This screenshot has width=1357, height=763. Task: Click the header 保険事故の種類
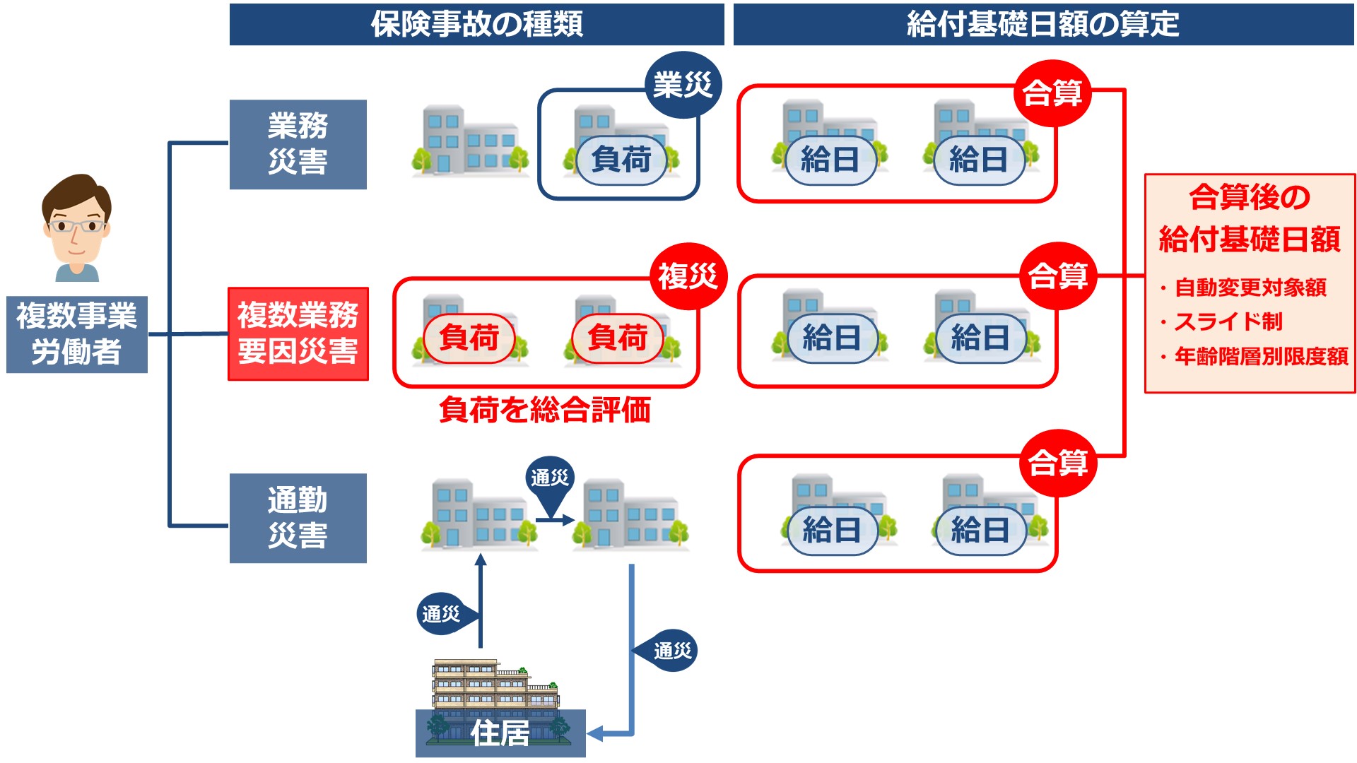pyautogui.click(x=477, y=25)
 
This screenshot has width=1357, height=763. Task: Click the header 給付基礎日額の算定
pyautogui.click(x=1043, y=25)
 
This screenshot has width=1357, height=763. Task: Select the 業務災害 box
pyautogui.click(x=298, y=144)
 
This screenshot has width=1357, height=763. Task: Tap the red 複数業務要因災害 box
pyautogui.click(x=298, y=333)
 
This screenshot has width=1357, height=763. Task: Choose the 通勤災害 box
pyautogui.click(x=298, y=518)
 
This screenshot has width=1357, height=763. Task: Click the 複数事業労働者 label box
pyautogui.click(x=76, y=334)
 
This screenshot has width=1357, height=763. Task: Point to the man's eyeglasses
pyautogui.click(x=76, y=227)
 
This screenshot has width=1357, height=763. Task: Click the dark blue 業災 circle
pyautogui.click(x=682, y=85)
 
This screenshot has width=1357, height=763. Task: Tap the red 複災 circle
pyautogui.click(x=688, y=276)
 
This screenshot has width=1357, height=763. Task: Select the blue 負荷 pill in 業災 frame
pyautogui.click(x=621, y=160)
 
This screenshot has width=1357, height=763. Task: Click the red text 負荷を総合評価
pyautogui.click(x=544, y=410)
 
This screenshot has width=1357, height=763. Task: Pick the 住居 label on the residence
pyautogui.click(x=500, y=733)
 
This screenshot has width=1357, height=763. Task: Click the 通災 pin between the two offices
pyautogui.click(x=550, y=479)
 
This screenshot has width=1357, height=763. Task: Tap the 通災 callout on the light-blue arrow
pyautogui.click(x=671, y=651)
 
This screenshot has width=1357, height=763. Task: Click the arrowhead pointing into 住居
pyautogui.click(x=594, y=734)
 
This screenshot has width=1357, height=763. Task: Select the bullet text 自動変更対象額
pyautogui.click(x=1250, y=288)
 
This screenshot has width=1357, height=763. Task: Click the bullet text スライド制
pyautogui.click(x=1228, y=322)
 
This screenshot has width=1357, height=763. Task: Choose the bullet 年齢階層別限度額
pyautogui.click(x=1261, y=357)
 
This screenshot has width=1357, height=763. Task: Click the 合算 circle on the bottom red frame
pyautogui.click(x=1057, y=463)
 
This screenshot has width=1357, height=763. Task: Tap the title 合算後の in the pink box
pyautogui.click(x=1250, y=197)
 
